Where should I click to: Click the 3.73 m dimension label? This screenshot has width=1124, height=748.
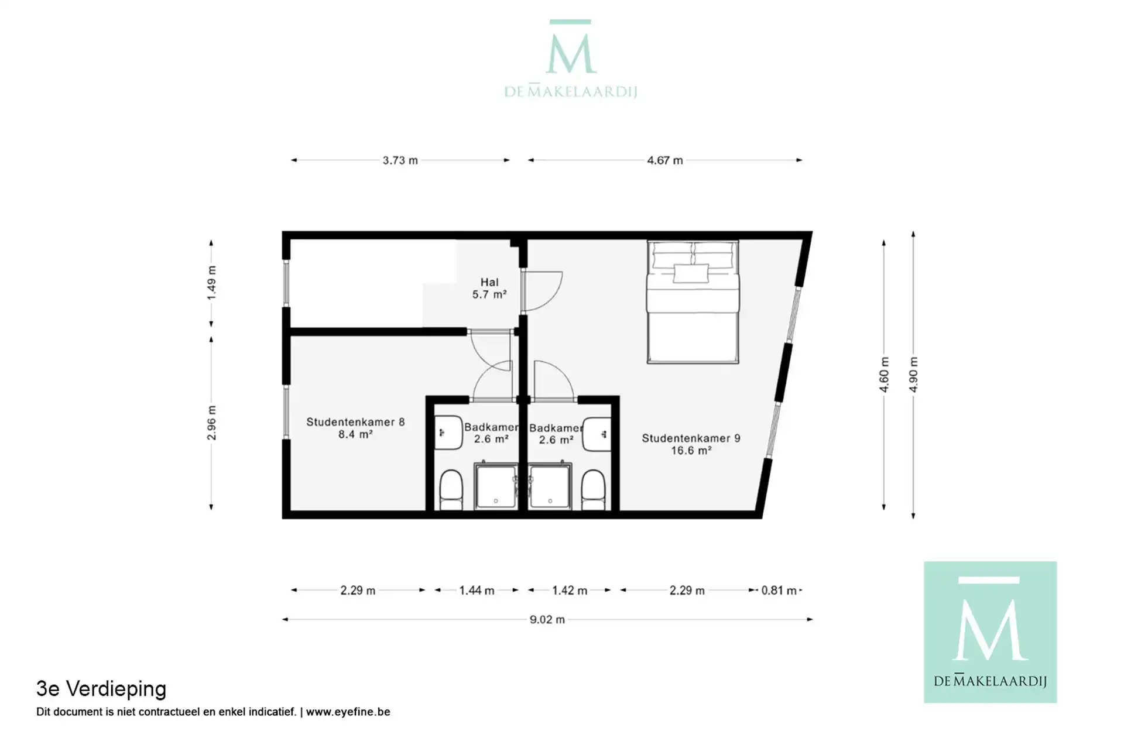coord(400,160)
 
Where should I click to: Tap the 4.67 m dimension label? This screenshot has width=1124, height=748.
coord(664,160)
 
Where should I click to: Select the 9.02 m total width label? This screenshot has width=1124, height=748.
coord(547,619)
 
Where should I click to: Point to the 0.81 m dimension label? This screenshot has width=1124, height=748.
coord(779,591)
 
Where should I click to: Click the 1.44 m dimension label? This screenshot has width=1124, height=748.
coord(477,591)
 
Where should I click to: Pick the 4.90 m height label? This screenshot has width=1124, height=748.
coord(913,375)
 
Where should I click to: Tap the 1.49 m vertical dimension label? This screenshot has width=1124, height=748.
coord(211,283)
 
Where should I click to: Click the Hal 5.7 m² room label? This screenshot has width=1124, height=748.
coord(489,289)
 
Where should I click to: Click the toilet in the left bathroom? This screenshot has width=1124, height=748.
coord(451,490)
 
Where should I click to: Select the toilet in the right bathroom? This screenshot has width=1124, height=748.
coord(593,490)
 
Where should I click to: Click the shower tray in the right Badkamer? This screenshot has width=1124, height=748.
coord(550,486)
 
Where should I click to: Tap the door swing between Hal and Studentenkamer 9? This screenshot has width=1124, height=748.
coord(542,291)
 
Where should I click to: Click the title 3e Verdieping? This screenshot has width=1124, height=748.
coord(101,689)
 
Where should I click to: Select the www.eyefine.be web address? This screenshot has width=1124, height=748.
coord(348,712)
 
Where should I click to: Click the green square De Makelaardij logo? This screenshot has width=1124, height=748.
coord(990,632)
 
